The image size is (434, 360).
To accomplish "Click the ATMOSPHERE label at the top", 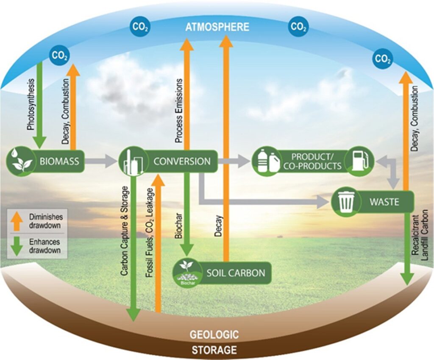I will tap(217, 27).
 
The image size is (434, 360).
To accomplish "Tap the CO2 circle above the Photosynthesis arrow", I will tap(60, 55).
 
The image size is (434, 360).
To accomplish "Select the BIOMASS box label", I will tap(59, 161).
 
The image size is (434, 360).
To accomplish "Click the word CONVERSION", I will tap(182, 161).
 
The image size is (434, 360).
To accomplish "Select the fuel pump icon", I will tap(358, 162).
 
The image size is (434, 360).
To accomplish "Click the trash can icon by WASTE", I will tap(345, 201).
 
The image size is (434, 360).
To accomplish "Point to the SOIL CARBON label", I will tap(236, 273).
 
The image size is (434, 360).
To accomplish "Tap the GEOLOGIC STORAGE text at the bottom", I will tap(214, 342).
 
